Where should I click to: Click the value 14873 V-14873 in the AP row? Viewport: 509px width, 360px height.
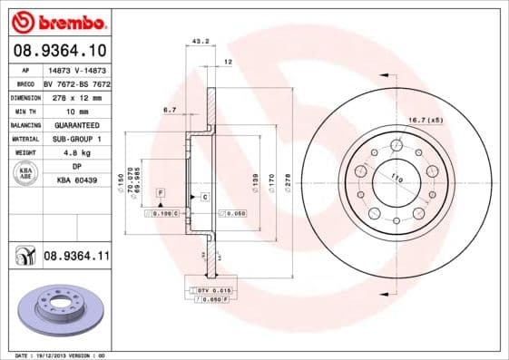point(75,70)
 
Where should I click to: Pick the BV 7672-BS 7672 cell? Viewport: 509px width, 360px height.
point(75,83)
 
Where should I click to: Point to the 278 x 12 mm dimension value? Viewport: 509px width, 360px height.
point(75,96)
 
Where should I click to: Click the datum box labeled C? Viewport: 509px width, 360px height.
point(205,197)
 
